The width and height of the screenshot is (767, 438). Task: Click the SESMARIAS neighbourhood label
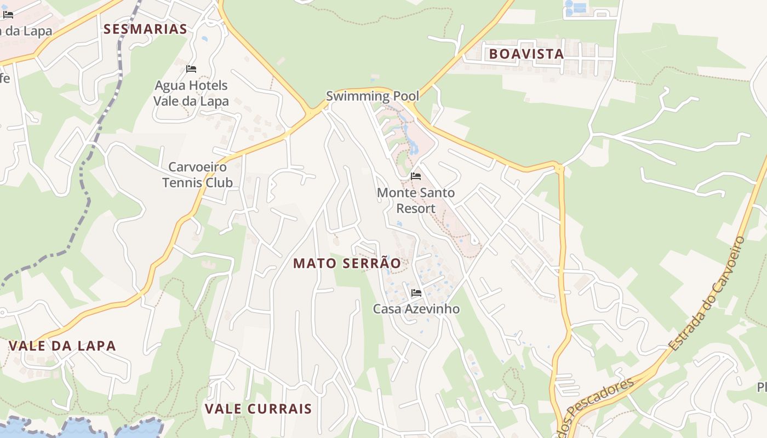pyautogui.click(x=145, y=29)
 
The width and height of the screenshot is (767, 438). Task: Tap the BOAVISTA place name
pyautogui.click(x=526, y=54)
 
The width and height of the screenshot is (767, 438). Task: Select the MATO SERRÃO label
pyautogui.click(x=347, y=263)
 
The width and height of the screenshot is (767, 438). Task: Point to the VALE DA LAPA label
pyautogui.click(x=62, y=346)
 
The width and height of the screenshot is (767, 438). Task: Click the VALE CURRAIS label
pyautogui.click(x=258, y=409)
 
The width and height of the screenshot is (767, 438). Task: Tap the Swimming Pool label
pyautogui.click(x=373, y=96)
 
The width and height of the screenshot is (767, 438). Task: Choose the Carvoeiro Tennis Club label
pyautogui.click(x=198, y=175)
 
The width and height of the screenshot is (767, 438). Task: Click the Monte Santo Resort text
pyautogui.click(x=416, y=200)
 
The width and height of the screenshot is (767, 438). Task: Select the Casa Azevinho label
pyautogui.click(x=416, y=309)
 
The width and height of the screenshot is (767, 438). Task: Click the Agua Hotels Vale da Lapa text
pyautogui.click(x=191, y=93)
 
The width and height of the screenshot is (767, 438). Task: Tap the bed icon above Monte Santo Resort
pyautogui.click(x=416, y=176)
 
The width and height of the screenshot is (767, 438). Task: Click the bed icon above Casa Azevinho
pyautogui.click(x=416, y=293)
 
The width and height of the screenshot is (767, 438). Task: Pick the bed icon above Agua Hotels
pyautogui.click(x=191, y=69)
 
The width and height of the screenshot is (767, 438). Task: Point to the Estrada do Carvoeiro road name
pyautogui.click(x=707, y=293)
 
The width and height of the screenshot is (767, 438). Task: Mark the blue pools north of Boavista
pyautogui.click(x=575, y=7)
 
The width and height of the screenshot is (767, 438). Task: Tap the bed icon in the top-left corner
pyautogui.click(x=8, y=14)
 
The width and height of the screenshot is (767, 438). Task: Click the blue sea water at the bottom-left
pyautogui.click(x=82, y=430)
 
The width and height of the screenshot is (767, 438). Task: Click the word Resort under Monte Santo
pyautogui.click(x=416, y=209)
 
